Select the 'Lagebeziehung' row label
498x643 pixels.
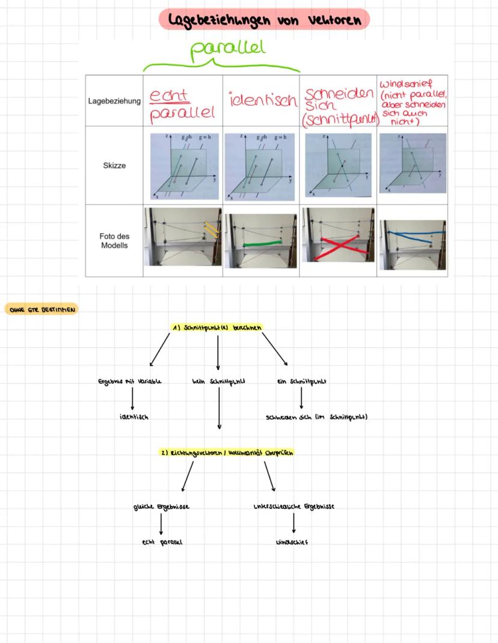point(113,102)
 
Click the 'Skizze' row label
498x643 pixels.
point(114,165)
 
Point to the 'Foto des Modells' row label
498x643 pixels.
point(114,241)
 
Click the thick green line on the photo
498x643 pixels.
point(262,243)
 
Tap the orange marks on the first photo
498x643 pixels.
point(210,228)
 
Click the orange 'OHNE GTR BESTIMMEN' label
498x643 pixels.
point(41,309)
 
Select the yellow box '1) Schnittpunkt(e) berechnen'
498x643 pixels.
point(217,327)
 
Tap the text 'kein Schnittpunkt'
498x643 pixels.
point(218,381)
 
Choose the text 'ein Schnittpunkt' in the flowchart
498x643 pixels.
point(301,381)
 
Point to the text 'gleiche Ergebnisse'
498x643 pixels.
point(161,507)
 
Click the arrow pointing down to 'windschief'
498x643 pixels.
point(294,524)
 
